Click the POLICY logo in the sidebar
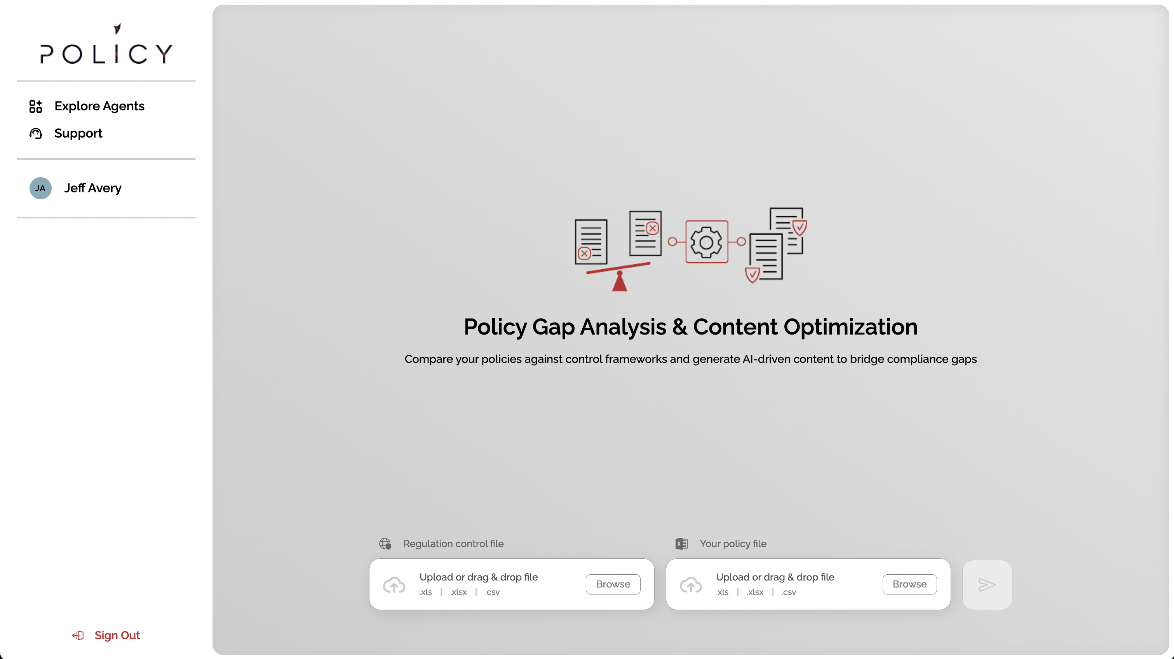click(106, 44)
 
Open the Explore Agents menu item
click(99, 106)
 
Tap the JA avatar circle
click(40, 188)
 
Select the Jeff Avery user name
click(93, 188)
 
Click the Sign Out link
click(117, 635)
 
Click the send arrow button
click(987, 585)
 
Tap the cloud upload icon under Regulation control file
click(394, 585)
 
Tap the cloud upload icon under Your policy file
click(691, 585)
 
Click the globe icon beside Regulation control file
click(385, 544)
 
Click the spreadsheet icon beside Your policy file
click(682, 544)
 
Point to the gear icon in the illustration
click(706, 242)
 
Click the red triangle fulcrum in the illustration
click(620, 281)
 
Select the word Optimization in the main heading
click(850, 327)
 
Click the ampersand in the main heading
click(679, 327)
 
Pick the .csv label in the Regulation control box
click(493, 592)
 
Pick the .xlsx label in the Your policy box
click(755, 592)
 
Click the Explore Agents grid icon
click(36, 106)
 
